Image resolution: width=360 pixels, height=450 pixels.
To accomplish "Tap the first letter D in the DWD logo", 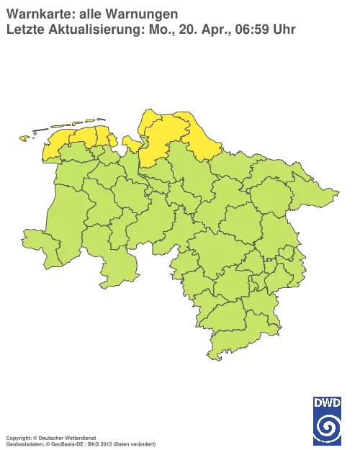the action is pyautogui.click(x=317, y=403).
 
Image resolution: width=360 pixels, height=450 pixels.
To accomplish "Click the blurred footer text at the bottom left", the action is pyautogui.click(x=79, y=437).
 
